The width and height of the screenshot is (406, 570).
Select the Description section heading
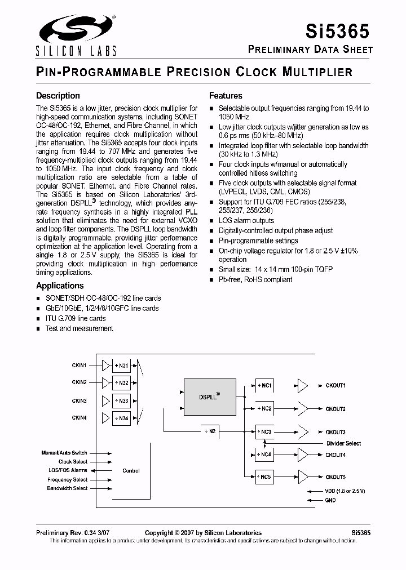[x=58, y=96]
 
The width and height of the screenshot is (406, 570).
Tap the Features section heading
[x=226, y=96]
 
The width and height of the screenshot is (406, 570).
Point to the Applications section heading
[x=60, y=286]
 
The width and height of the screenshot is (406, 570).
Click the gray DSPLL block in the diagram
[x=209, y=397]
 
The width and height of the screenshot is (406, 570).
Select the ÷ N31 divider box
[x=121, y=366]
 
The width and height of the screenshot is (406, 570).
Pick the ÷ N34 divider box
[x=121, y=418]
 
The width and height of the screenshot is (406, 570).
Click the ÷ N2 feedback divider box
[x=209, y=431]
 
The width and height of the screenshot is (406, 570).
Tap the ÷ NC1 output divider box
[x=264, y=385]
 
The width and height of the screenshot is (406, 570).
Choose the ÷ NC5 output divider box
[x=264, y=477]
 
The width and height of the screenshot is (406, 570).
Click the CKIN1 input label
[x=79, y=366]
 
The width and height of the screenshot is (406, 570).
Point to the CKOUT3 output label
[x=336, y=432]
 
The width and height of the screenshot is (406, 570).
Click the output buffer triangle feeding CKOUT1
[x=303, y=385]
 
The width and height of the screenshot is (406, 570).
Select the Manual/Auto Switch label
[x=64, y=452]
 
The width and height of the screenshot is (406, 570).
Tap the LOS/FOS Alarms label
[x=68, y=470]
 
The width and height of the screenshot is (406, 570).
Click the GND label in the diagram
[x=330, y=500]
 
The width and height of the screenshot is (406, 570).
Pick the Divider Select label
[x=343, y=443]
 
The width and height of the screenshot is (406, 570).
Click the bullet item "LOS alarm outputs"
[x=246, y=221]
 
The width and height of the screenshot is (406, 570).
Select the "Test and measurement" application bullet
[x=79, y=328]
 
